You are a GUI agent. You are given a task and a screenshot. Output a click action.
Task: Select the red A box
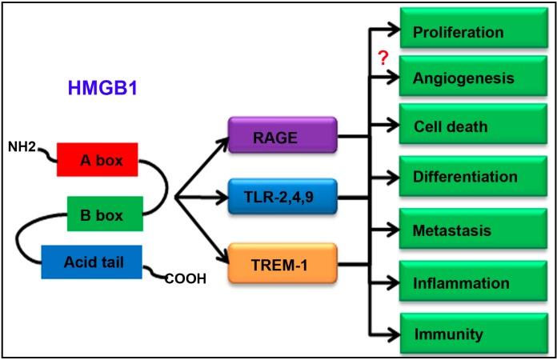[97, 159]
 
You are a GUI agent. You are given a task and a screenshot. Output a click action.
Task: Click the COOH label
[186, 279]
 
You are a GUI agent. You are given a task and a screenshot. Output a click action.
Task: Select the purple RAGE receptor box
[283, 137]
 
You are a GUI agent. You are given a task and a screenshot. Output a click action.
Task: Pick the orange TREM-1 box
[283, 262]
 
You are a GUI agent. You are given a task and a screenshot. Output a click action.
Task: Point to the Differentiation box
[464, 176]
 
